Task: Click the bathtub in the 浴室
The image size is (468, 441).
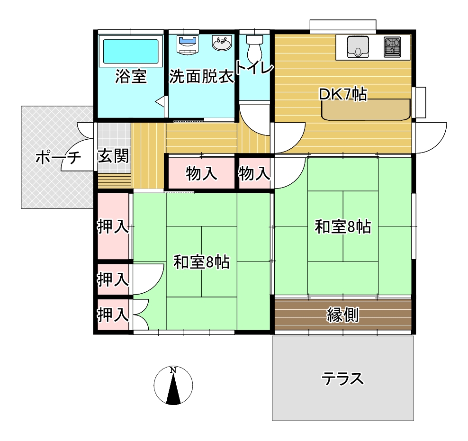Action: click(x=130, y=52)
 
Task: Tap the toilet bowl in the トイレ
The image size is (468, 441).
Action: click(x=254, y=47)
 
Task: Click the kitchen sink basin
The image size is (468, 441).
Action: click(x=358, y=46)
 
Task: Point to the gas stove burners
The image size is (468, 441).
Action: click(x=392, y=46)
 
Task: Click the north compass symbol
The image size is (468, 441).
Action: click(x=174, y=386)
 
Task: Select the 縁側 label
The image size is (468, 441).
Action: click(x=342, y=315)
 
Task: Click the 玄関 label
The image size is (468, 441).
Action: click(x=113, y=156)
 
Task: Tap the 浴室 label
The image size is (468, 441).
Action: click(x=130, y=77)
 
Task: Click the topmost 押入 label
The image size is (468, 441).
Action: click(x=113, y=227)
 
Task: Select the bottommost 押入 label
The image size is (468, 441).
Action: click(x=113, y=315)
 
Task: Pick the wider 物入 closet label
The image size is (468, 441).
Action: click(x=202, y=174)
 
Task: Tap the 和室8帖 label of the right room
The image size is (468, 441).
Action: click(x=342, y=227)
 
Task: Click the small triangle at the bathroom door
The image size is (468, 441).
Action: click(x=160, y=101)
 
